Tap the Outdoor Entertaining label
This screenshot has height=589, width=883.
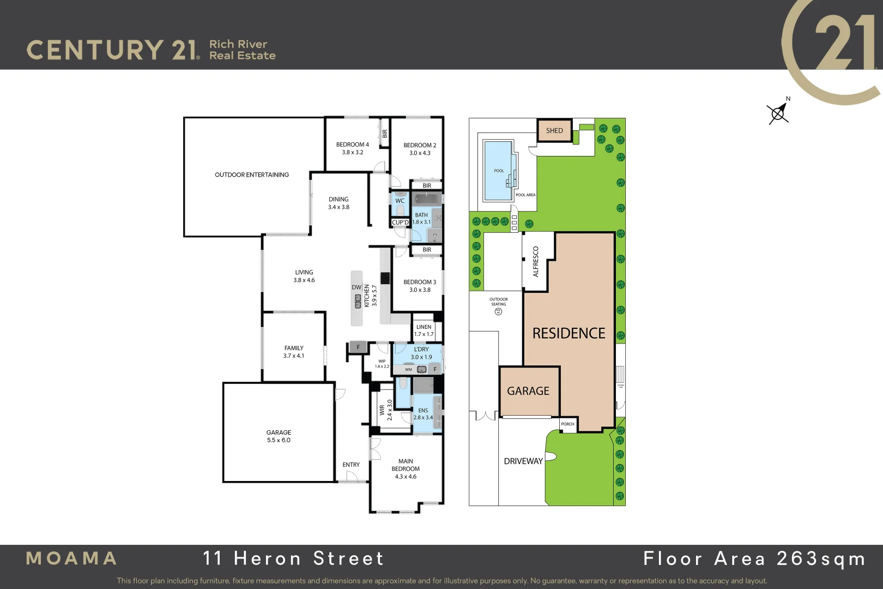(252, 175)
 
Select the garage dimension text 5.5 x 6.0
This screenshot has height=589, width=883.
(279, 440)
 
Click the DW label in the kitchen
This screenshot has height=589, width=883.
(356, 287)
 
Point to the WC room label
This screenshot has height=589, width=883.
(400, 201)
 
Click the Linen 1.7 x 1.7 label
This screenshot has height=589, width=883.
(424, 330)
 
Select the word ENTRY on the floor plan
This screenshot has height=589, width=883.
(351, 465)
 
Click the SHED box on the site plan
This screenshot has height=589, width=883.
(554, 130)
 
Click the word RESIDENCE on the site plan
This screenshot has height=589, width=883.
(568, 333)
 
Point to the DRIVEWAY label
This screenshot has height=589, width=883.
(523, 461)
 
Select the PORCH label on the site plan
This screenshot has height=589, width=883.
(567, 424)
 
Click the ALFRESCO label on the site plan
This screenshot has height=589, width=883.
(535, 262)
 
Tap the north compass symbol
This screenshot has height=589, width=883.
(778, 112)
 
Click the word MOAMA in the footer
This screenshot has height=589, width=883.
(71, 558)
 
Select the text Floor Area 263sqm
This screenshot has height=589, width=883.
(754, 558)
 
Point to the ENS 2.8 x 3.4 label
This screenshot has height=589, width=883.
(423, 414)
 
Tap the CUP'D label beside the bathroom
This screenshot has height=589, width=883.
(400, 223)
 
